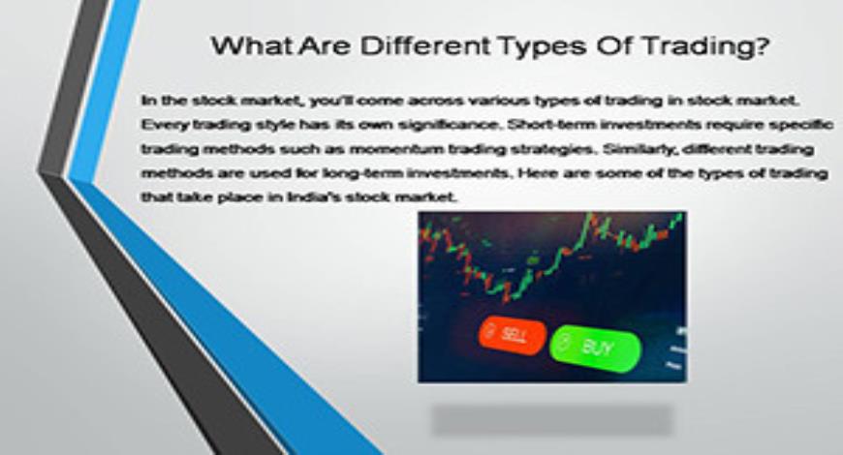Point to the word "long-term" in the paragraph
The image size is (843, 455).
[423, 173]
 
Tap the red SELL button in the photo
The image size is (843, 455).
[511, 335]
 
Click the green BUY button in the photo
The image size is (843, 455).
[595, 347]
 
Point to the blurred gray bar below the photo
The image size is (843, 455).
[551, 418]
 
